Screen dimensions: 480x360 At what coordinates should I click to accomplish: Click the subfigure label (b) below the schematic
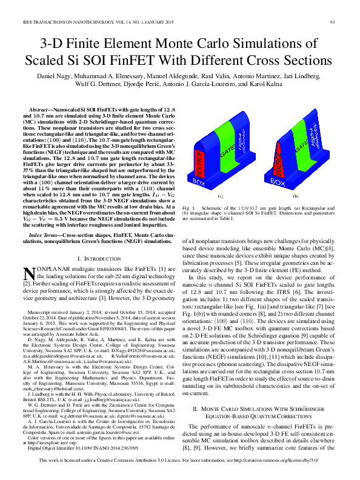[295, 196]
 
